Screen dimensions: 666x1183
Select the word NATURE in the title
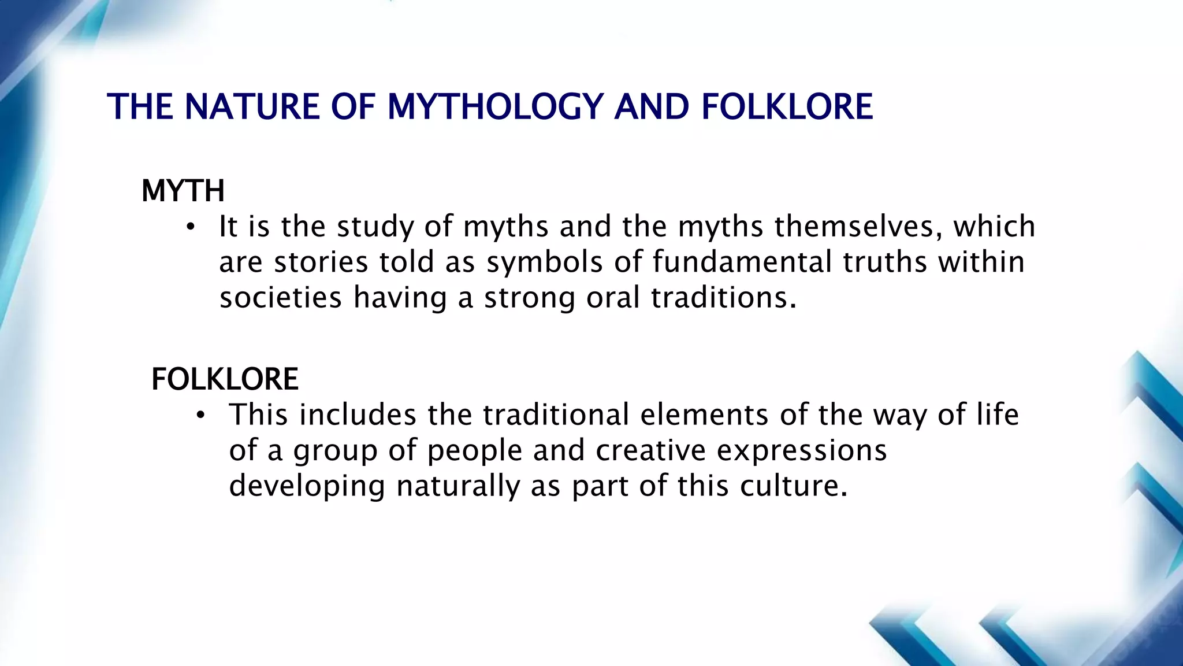tap(252, 107)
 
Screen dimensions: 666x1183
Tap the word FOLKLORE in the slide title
tap(787, 107)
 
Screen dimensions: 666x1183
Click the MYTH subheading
tap(183, 191)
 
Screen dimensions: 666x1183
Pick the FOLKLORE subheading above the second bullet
tap(225, 379)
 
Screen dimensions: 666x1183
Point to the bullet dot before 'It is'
tap(191, 227)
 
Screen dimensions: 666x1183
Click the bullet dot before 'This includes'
tap(200, 415)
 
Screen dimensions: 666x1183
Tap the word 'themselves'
tap(854, 227)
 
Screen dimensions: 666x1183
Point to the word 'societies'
tap(281, 298)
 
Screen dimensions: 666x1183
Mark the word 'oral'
tap(613, 298)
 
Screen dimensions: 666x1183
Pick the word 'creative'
tap(650, 451)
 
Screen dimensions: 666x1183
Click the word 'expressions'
tap(801, 451)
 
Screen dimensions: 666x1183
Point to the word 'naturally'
tap(458, 486)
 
